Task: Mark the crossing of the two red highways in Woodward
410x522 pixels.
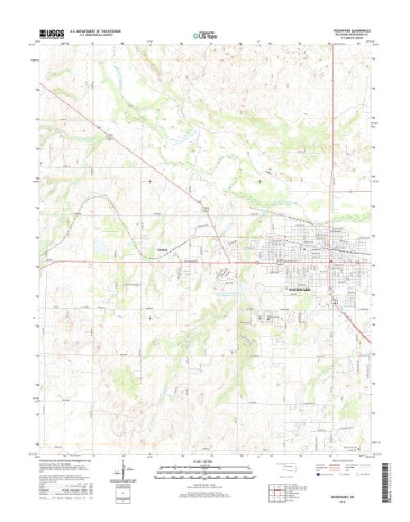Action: click(330, 262)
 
